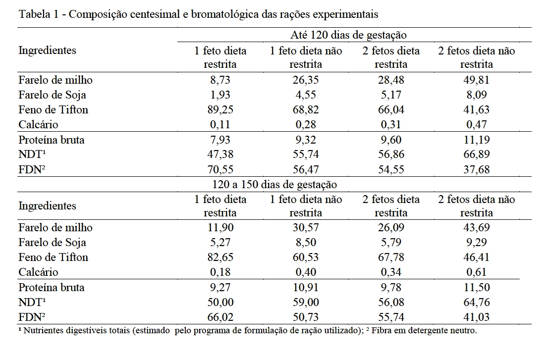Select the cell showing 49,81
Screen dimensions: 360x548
click(x=476, y=80)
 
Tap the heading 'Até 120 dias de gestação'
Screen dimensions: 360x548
click(x=348, y=35)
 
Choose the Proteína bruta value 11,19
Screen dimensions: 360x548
click(x=476, y=140)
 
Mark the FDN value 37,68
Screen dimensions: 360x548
click(x=476, y=169)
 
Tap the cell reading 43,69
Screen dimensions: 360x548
click(x=476, y=227)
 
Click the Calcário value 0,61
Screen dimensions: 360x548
click(x=476, y=272)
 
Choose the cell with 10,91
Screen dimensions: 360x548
click(x=306, y=287)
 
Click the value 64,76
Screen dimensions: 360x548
click(x=476, y=302)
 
